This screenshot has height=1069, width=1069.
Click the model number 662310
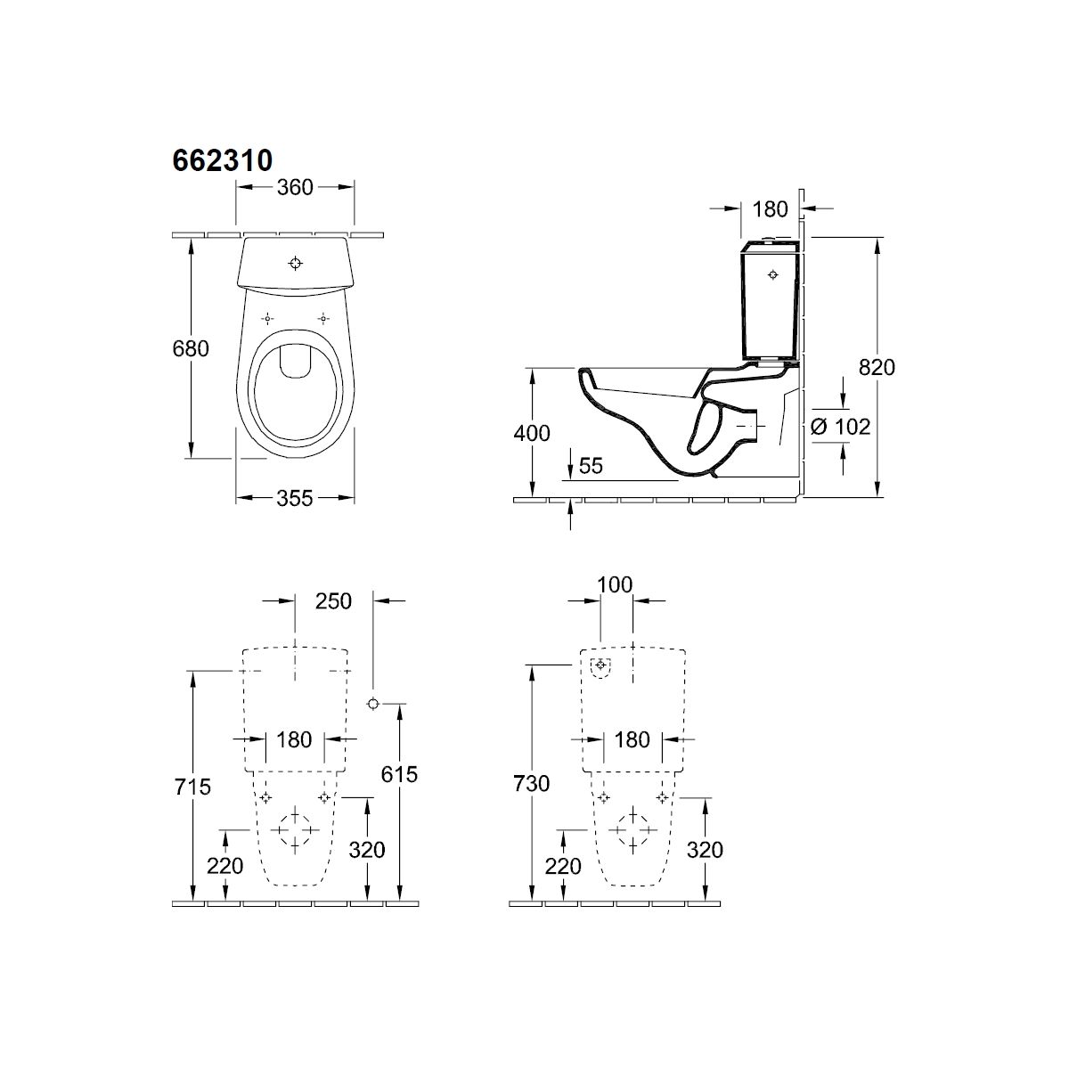pyautogui.click(x=223, y=161)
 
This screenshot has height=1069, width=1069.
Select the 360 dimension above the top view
pyautogui.click(x=295, y=187)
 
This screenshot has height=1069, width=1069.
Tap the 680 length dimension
pyautogui.click(x=191, y=348)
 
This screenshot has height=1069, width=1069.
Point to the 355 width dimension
pyautogui.click(x=295, y=498)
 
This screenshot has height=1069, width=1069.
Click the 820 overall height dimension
pyautogui.click(x=877, y=367)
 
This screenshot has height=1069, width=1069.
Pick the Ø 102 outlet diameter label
pyautogui.click(x=840, y=427)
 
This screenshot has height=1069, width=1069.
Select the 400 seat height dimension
pyautogui.click(x=532, y=433)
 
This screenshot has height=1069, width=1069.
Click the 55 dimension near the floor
pyautogui.click(x=591, y=467)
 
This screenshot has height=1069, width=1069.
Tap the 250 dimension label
pyautogui.click(x=333, y=601)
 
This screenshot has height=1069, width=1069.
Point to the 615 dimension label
pyautogui.click(x=399, y=774)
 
